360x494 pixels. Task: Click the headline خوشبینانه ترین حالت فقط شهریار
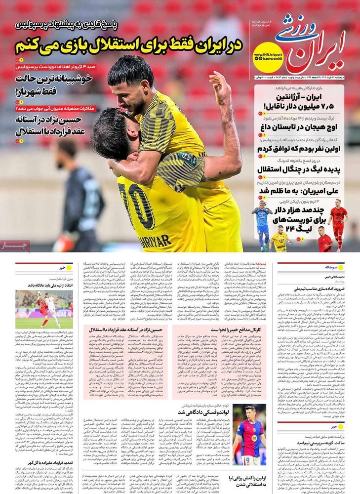click(x=46, y=84)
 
